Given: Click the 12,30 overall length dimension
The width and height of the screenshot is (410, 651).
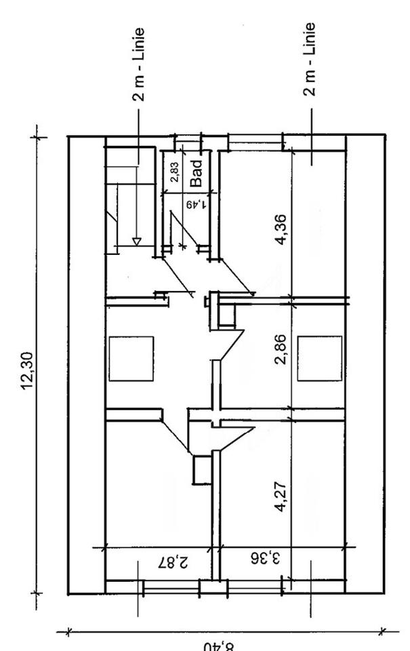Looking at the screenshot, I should tap(28, 366).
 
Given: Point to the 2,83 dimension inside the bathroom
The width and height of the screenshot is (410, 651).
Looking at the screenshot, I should tap(175, 173).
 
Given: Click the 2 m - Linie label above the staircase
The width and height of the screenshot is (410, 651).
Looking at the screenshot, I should tap(138, 64).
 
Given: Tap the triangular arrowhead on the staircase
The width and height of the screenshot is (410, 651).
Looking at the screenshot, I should tap(136, 241).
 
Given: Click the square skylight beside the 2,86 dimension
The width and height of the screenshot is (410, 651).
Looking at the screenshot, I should tap(320, 357).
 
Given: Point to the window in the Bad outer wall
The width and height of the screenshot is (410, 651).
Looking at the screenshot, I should tap(189, 138).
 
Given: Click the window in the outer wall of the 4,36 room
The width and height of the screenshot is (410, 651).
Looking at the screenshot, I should tap(255, 141).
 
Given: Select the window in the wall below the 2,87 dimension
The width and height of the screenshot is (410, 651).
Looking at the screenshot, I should tap(169, 587).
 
